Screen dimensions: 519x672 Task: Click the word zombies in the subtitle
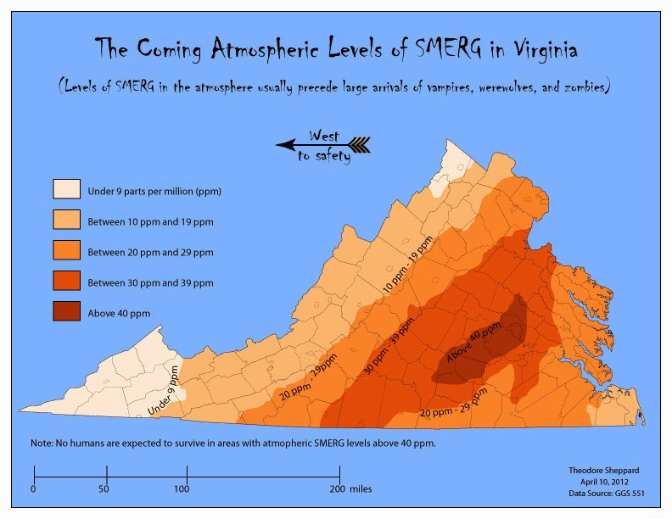coord(578,87)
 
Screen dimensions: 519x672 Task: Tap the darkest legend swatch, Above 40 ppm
coord(67,311)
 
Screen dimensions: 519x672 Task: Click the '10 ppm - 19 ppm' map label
coord(413,265)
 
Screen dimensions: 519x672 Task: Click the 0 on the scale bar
coord(33,489)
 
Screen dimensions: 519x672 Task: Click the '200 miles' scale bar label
coord(351,489)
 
